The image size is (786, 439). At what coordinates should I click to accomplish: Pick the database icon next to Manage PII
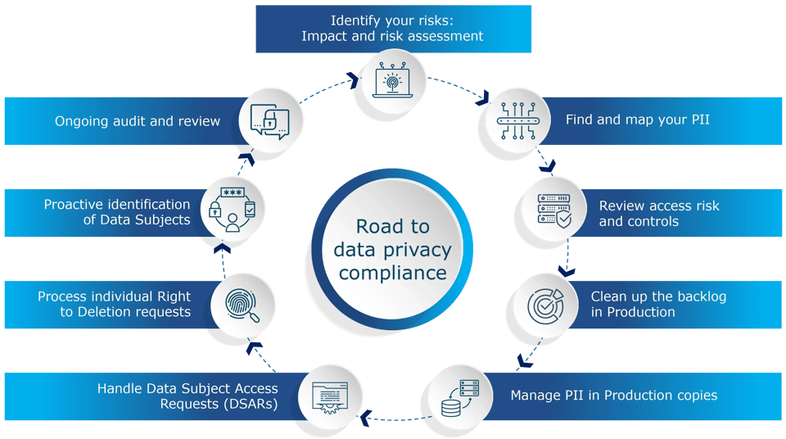tap(459, 396)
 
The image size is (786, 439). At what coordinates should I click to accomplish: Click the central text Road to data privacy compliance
tap(393, 250)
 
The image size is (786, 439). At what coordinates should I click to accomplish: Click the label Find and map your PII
tap(637, 120)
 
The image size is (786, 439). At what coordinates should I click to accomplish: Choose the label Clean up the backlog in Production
tap(658, 304)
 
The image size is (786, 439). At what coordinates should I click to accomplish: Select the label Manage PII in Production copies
tap(613, 396)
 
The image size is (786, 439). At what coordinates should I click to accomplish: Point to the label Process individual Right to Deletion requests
tap(114, 304)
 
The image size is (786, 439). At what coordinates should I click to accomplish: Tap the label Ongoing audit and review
tap(138, 121)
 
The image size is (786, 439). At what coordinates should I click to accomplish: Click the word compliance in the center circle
tap(393, 273)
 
